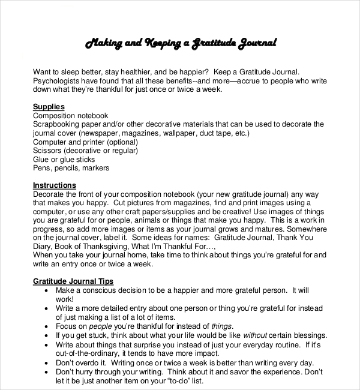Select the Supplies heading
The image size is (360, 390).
(x=49, y=107)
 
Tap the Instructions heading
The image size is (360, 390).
(x=55, y=185)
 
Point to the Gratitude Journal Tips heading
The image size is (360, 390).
(x=73, y=281)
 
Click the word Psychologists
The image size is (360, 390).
(x=58, y=80)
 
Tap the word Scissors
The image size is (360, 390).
(x=49, y=151)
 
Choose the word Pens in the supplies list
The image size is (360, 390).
(x=43, y=168)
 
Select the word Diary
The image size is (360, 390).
(x=43, y=247)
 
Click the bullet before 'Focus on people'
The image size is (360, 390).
(x=47, y=326)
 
